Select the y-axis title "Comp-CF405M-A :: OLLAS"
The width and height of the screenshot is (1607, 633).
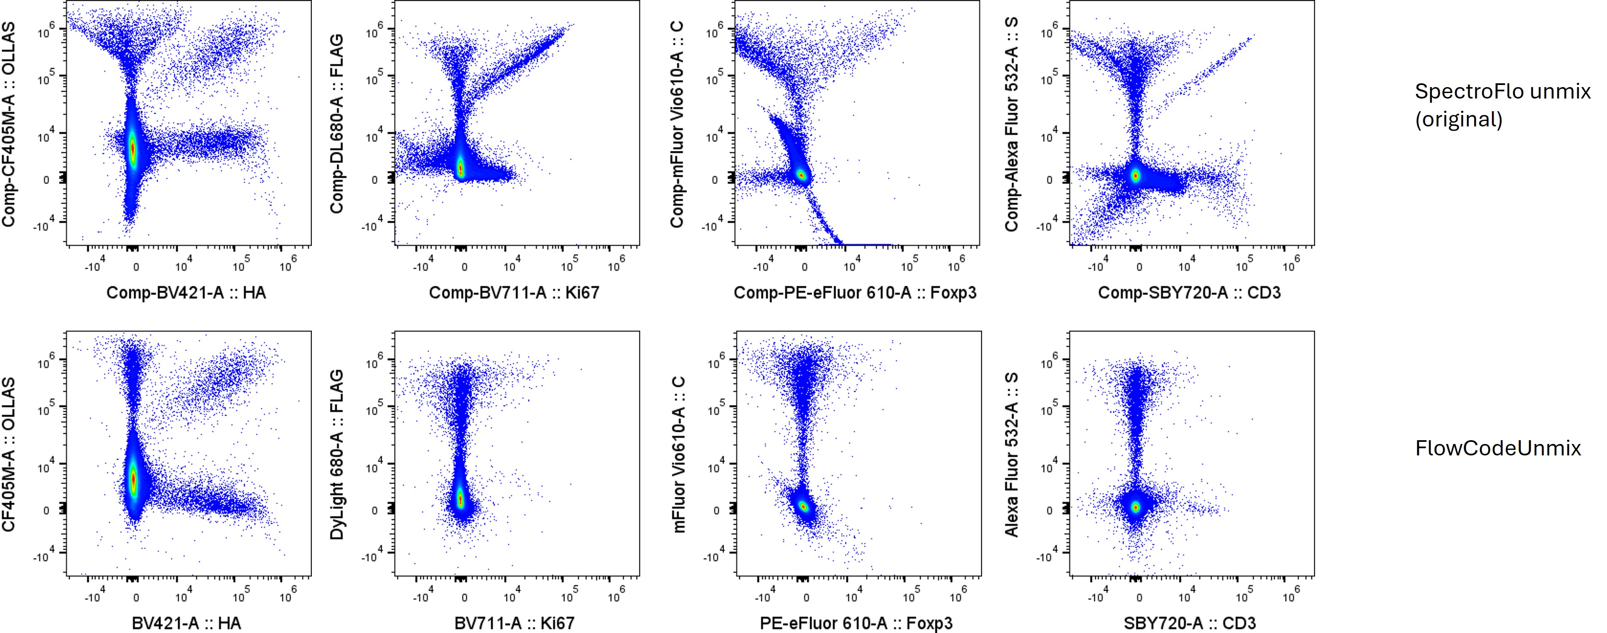(x=9, y=125)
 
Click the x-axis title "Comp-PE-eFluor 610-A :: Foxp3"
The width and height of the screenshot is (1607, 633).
(x=855, y=293)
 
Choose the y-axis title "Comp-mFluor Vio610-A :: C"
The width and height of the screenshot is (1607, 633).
(x=677, y=125)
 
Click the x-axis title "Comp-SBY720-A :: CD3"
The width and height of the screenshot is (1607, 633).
(x=1189, y=293)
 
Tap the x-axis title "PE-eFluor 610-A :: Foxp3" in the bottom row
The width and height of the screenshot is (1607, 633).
(x=856, y=623)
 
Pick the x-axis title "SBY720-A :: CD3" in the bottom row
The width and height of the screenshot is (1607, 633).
(x=1189, y=623)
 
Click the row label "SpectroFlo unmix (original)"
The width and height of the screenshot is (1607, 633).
(x=1502, y=105)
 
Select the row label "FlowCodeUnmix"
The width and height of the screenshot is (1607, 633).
(x=1497, y=448)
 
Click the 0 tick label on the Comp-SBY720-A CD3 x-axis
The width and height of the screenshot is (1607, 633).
(x=1139, y=268)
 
